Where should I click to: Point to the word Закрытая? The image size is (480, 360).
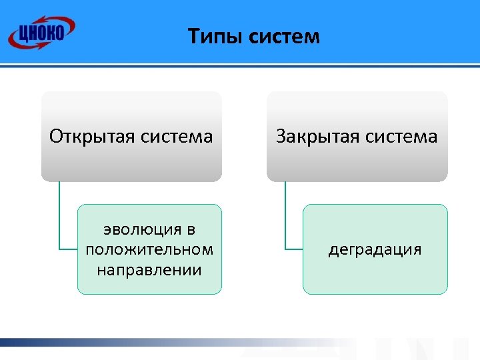click(317, 137)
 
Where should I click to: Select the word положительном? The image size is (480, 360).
click(149, 249)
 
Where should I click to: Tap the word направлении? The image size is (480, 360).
click(149, 269)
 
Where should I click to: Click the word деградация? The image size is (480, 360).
click(375, 249)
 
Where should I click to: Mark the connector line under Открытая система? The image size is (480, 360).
click(59, 220)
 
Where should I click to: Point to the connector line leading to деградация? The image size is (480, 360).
click(285, 220)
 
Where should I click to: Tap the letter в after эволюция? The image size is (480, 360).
click(191, 230)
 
